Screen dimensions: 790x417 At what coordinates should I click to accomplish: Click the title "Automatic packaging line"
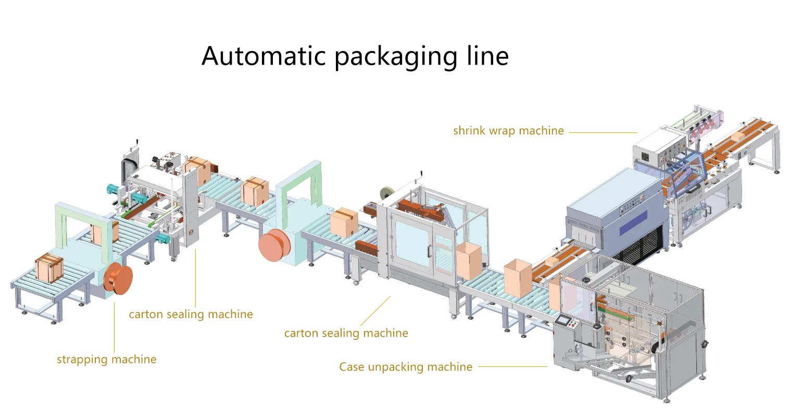355,56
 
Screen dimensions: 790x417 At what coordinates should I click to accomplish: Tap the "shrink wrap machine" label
508,131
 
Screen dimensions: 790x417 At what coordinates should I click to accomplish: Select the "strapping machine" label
107,360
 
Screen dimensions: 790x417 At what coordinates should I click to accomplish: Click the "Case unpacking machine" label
406,367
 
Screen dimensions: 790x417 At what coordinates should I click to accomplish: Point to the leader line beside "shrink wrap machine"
603,133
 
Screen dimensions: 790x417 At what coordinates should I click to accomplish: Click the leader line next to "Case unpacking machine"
512,366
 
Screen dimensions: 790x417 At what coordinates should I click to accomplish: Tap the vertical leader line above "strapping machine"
114,327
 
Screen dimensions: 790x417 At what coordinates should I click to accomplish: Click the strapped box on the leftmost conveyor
49,267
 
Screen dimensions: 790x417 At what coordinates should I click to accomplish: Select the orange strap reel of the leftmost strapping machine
118,278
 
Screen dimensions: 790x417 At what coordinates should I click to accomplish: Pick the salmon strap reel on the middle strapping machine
274,246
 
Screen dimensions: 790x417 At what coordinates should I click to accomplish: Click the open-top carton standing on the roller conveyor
517,278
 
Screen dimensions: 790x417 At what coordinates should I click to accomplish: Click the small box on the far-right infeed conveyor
737,137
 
